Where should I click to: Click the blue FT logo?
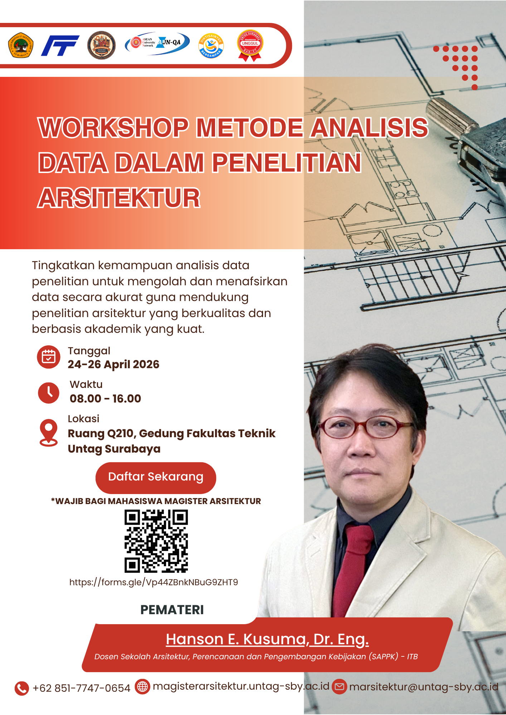point(60,45)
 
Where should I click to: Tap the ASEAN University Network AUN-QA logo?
point(157,44)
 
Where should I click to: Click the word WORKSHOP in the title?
point(113,128)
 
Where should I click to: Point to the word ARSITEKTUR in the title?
point(119,198)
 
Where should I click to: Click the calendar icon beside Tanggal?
point(49,357)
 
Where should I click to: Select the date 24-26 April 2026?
point(113,364)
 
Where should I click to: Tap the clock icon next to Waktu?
point(49,393)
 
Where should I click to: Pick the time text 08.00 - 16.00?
point(105,399)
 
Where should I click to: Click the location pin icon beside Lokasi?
point(49,432)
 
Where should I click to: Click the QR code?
point(156,541)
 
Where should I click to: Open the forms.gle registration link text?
point(154,582)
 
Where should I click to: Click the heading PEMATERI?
point(172,610)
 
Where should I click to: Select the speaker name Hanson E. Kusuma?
point(267,639)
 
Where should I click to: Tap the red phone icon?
point(22,688)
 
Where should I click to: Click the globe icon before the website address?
point(142,687)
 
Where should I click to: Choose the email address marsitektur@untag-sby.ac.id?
point(424,687)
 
